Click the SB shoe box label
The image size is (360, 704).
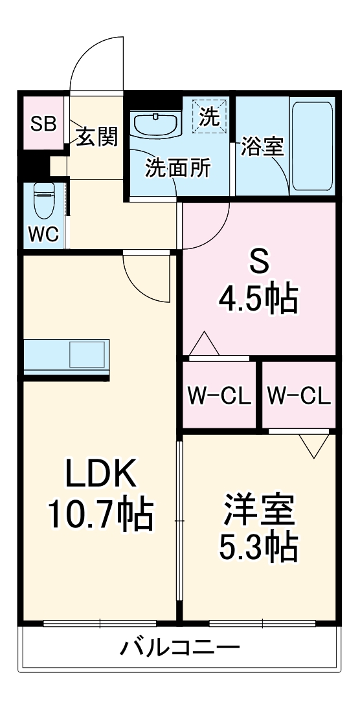43,124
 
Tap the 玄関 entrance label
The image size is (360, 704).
97,137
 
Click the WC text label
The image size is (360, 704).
43,234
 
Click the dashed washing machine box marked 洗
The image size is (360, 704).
210,116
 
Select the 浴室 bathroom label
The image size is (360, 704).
262,146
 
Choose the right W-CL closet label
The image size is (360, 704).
298,394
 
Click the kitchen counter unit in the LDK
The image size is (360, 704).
67,356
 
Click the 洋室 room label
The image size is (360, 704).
260,510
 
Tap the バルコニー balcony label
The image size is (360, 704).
180,646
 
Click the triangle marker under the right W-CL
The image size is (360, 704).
315,445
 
